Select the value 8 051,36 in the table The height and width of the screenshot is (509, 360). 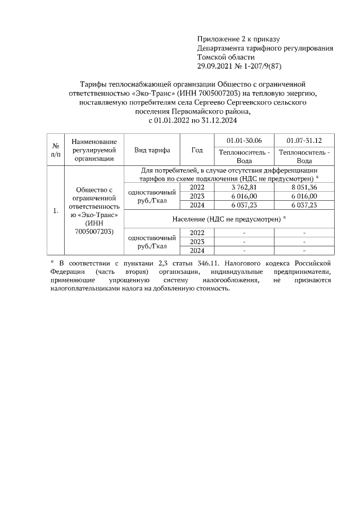pyautogui.click(x=304, y=187)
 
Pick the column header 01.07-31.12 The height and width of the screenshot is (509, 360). pyautogui.click(x=304, y=140)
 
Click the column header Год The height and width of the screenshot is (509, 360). pyautogui.click(x=197, y=150)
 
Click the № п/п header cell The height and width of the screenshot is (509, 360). pyautogui.click(x=56, y=150)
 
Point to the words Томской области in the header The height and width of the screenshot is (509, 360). pyautogui.click(x=226, y=57)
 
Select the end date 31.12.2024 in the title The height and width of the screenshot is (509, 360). pyautogui.click(x=217, y=120)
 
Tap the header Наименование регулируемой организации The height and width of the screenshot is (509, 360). pyautogui.click(x=94, y=150)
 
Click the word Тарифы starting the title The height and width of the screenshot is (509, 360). pyautogui.click(x=88, y=84)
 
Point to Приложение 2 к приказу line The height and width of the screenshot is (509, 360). pyautogui.click(x=238, y=39)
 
